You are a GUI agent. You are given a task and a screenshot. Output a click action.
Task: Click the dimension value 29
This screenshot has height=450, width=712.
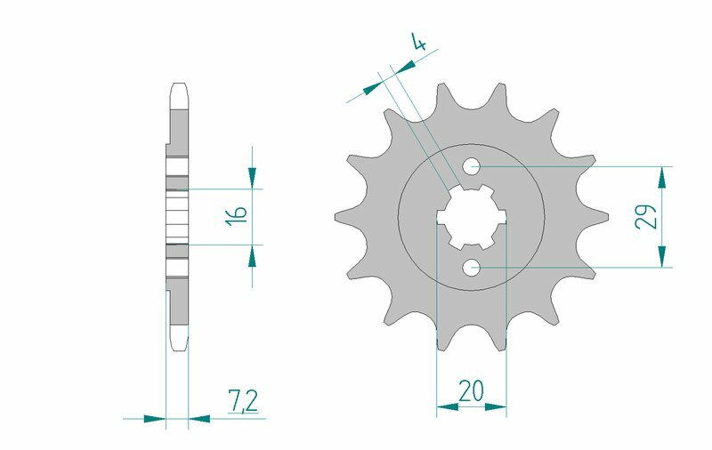click(647, 216)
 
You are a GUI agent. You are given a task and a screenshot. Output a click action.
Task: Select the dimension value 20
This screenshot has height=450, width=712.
click(471, 390)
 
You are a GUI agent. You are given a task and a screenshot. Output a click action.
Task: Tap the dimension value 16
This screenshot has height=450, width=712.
click(237, 216)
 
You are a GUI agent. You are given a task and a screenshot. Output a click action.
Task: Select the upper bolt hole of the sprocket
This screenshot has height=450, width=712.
click(472, 166)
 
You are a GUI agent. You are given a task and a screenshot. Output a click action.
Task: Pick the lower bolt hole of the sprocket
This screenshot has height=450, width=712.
click(472, 267)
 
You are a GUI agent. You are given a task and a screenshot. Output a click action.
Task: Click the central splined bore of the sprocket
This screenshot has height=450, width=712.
click(471, 216)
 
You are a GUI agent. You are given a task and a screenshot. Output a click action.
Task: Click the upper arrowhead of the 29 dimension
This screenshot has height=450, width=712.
click(661, 177)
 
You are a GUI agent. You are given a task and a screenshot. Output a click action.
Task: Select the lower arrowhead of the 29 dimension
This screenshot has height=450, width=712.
click(661, 256)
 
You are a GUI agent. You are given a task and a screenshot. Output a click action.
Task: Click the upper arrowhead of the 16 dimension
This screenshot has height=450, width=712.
click(253, 178)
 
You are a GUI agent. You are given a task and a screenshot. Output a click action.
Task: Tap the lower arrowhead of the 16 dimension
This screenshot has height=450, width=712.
click(253, 255)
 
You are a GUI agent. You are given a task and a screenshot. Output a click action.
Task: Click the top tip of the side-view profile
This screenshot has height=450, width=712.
click(177, 85)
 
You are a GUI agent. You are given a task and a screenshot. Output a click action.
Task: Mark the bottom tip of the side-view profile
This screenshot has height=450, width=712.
click(177, 347)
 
